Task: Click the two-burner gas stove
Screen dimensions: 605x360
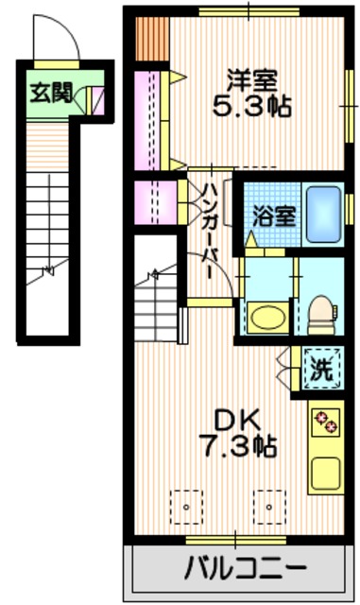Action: click(326, 421)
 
